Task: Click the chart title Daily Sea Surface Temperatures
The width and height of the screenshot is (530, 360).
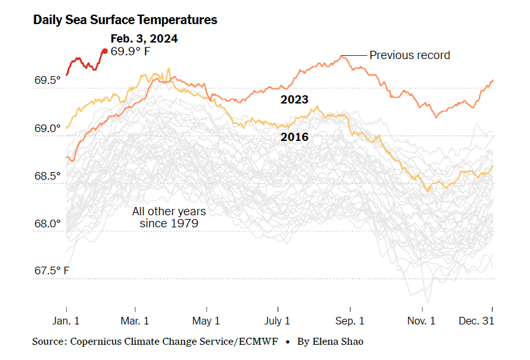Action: (x=125, y=20)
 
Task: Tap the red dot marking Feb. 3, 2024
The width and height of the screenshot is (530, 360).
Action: (x=105, y=51)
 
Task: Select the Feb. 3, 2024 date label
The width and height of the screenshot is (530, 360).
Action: (x=144, y=39)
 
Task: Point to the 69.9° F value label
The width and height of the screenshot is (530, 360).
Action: (x=130, y=51)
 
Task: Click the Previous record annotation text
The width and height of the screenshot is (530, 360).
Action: (x=409, y=55)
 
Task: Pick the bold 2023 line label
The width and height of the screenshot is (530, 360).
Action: (x=294, y=100)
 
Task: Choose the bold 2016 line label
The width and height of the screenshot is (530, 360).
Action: (x=294, y=137)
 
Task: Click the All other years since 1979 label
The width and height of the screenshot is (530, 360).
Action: (x=169, y=217)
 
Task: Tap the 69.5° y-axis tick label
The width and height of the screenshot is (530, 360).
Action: (x=48, y=81)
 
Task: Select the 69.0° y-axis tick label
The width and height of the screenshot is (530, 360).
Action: (x=48, y=128)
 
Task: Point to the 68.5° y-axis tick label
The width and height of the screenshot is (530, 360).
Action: (x=48, y=176)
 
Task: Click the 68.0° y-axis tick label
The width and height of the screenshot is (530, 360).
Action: (x=48, y=223)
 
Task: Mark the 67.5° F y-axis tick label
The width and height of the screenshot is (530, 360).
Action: (x=51, y=271)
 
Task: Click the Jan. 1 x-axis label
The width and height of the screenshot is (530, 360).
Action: (x=66, y=321)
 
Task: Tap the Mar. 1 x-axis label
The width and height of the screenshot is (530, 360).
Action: (x=135, y=321)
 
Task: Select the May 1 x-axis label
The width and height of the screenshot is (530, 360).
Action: (x=206, y=321)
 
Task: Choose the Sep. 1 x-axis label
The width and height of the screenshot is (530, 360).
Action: (x=350, y=321)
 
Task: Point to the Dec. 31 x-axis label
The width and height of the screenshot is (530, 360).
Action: (x=477, y=321)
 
